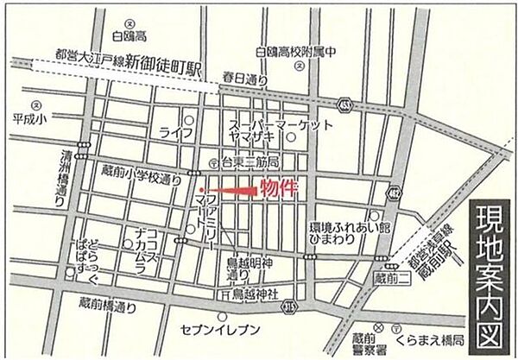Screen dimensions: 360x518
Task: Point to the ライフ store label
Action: [174, 131]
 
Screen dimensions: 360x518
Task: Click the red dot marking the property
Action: [199, 190]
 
